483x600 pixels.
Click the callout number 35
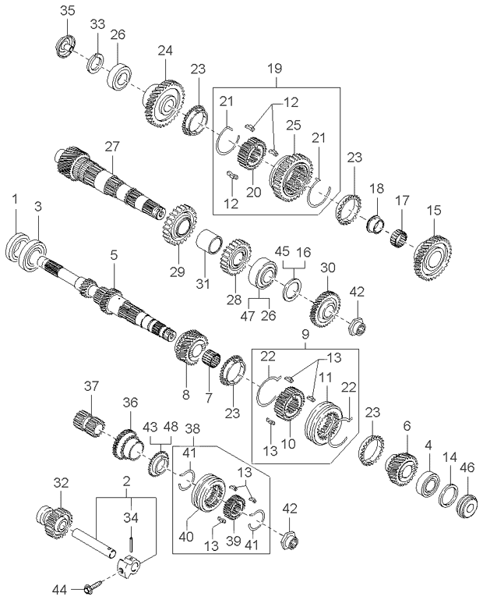coord(68,10)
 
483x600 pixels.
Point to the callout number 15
coord(434,210)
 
